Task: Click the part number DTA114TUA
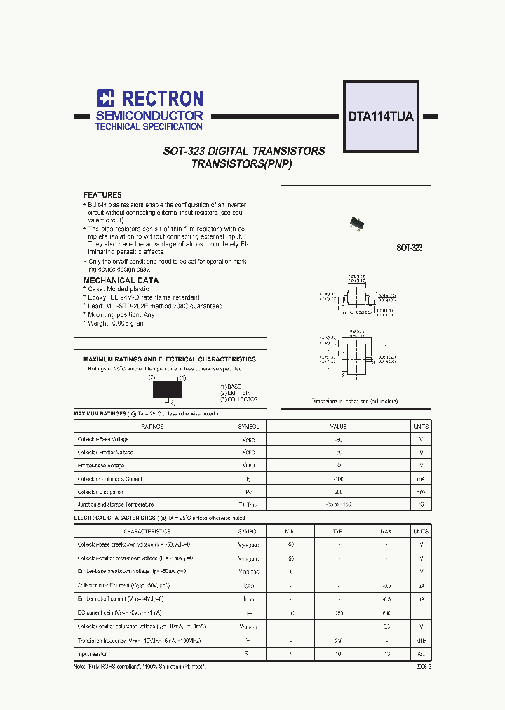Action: [x=381, y=117]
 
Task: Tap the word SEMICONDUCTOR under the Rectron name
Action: [x=149, y=115]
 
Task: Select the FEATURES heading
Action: [x=102, y=195]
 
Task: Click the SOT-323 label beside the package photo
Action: [x=409, y=248]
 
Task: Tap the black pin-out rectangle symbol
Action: [x=167, y=389]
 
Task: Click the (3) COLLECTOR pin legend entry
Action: [x=238, y=399]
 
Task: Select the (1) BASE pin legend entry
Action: [x=231, y=387]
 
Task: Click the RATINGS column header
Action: [x=152, y=427]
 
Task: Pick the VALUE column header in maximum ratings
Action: [x=339, y=427]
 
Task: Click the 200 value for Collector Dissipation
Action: [x=339, y=492]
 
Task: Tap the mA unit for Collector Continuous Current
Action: [x=421, y=478]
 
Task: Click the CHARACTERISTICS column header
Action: [x=147, y=532]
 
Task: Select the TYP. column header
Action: [x=338, y=532]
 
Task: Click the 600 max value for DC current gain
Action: [x=386, y=613]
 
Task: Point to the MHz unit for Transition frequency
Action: [x=421, y=641]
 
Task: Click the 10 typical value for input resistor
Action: [x=338, y=654]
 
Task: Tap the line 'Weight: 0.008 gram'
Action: [x=116, y=323]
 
